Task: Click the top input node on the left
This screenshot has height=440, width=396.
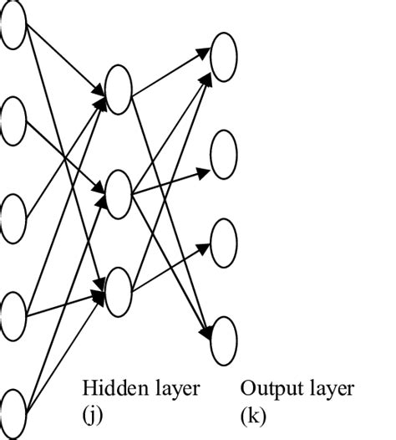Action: tap(13, 24)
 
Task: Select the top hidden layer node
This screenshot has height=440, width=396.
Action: tap(119, 91)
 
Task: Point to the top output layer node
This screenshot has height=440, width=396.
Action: tap(224, 56)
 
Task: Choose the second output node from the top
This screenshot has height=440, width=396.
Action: tap(224, 154)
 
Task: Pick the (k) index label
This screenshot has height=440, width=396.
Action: tap(251, 416)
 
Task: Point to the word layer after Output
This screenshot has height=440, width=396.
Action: tap(327, 390)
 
